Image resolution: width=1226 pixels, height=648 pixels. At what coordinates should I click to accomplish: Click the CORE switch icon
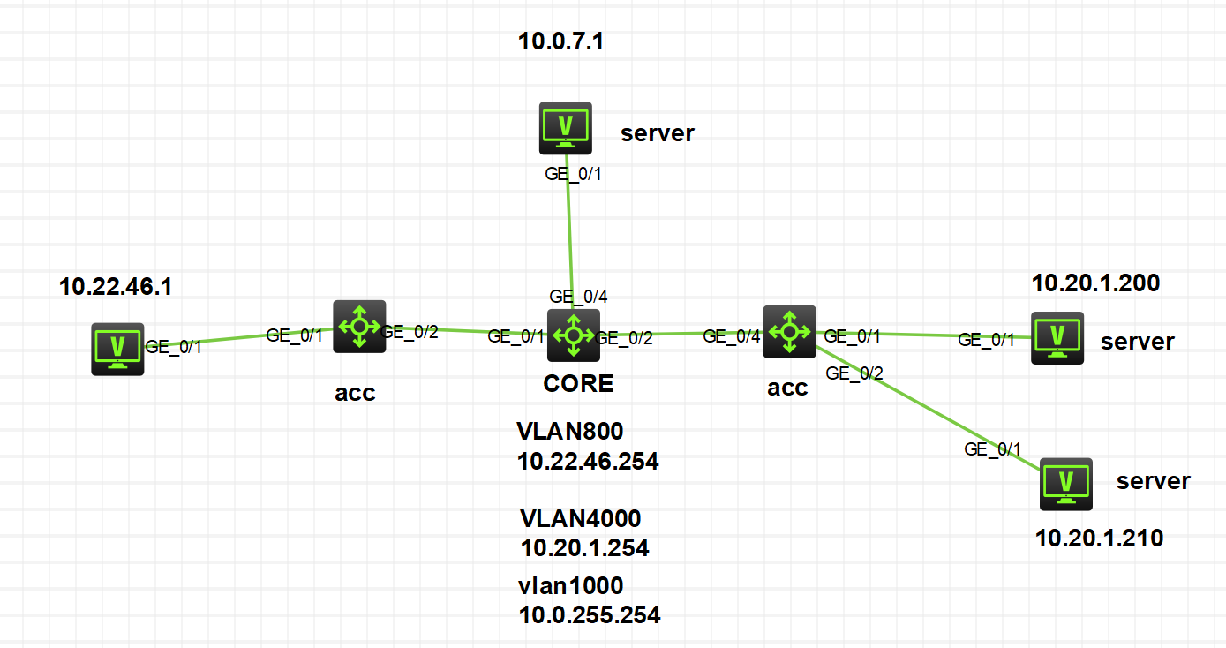pos(574,335)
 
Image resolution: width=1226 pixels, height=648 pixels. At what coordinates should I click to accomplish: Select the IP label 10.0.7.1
pos(561,41)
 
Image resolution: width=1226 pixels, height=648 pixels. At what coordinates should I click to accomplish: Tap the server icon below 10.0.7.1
pos(565,128)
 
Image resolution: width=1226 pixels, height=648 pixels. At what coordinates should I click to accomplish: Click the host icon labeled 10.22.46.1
pos(117,350)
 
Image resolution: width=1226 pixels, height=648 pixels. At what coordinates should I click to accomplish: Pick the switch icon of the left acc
pos(359,327)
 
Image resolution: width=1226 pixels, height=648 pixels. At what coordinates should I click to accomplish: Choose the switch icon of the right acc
pos(789,332)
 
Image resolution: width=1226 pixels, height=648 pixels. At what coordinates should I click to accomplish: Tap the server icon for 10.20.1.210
pos(1066,484)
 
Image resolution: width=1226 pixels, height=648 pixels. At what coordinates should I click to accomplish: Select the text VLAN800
pos(570,432)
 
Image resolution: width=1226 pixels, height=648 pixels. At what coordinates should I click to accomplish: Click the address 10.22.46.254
pos(588,461)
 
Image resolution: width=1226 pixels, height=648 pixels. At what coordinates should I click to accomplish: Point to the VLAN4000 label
pos(581,517)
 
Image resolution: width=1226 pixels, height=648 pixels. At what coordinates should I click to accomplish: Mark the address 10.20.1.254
pos(584,548)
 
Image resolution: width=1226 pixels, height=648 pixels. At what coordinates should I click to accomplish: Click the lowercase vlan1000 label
pos(571,585)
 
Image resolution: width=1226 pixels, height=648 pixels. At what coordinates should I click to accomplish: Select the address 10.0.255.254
pos(590,615)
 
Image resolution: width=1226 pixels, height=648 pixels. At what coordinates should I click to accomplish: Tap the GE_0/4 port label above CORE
pos(578,296)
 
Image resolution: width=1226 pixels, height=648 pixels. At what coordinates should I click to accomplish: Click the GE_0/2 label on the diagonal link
pos(854,373)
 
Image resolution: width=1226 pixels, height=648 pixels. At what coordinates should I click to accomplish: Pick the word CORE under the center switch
pos(579,384)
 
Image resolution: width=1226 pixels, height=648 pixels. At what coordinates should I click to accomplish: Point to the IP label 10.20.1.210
pos(1099,538)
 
